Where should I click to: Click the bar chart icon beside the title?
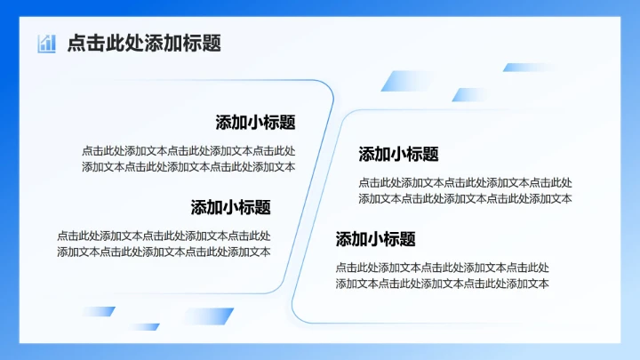46,43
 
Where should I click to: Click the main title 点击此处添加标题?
143,43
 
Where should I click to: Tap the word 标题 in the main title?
205,43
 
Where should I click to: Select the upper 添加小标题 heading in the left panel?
255,123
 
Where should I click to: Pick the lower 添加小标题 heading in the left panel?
230,207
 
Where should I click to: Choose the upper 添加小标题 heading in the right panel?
398,154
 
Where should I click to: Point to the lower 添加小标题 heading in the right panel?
375,239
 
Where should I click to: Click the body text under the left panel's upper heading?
188,158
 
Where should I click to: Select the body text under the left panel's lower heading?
164,244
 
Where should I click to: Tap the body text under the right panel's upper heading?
465,190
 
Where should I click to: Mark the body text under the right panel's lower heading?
442,276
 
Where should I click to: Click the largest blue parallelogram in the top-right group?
404,81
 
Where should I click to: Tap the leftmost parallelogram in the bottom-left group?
98,311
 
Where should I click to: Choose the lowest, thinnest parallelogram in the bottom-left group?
143,327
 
